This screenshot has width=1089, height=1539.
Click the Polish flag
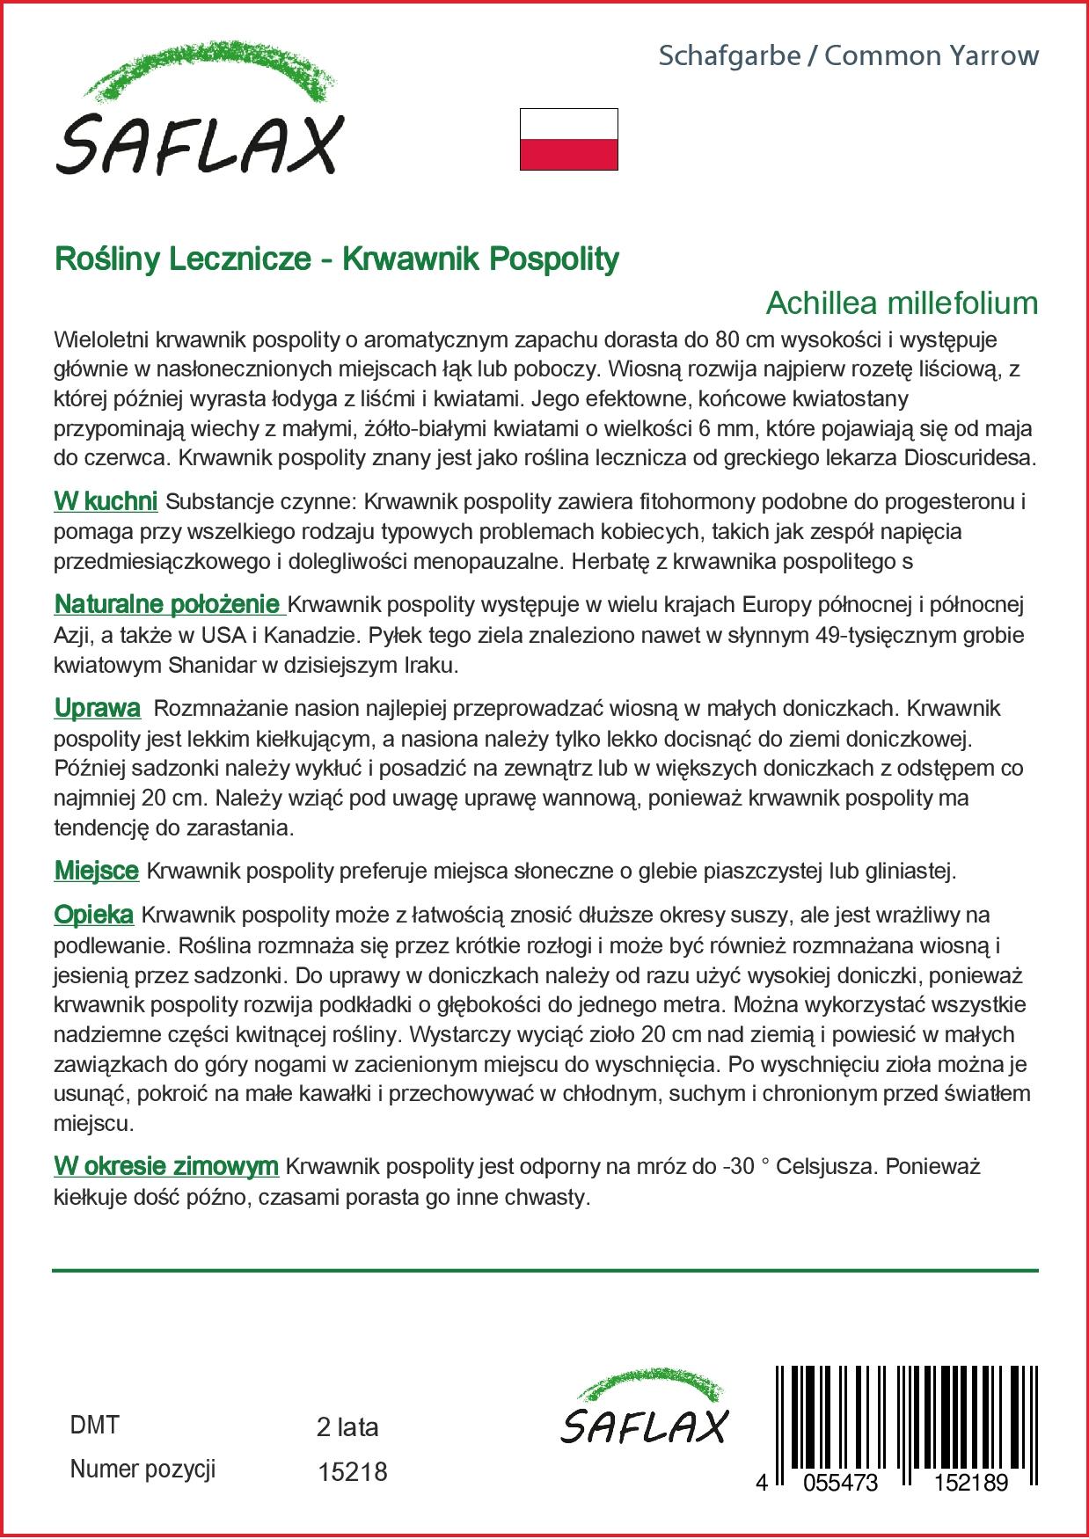[568, 139]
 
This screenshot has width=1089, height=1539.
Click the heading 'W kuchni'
[106, 502]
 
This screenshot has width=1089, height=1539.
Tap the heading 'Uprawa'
[97, 708]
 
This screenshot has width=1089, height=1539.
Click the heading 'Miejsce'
[96, 871]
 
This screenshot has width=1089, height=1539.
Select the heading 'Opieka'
[93, 915]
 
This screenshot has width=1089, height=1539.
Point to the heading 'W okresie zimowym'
[166, 1167]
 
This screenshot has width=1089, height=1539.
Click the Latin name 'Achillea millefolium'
[902, 303]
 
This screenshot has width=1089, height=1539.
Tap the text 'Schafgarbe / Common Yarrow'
[849, 56]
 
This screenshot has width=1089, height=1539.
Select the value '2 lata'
[347, 1426]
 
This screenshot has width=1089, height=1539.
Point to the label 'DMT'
[94, 1425]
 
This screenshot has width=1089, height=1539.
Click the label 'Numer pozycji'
[143, 1469]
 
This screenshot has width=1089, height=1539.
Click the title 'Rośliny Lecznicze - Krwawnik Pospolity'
[337, 259]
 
